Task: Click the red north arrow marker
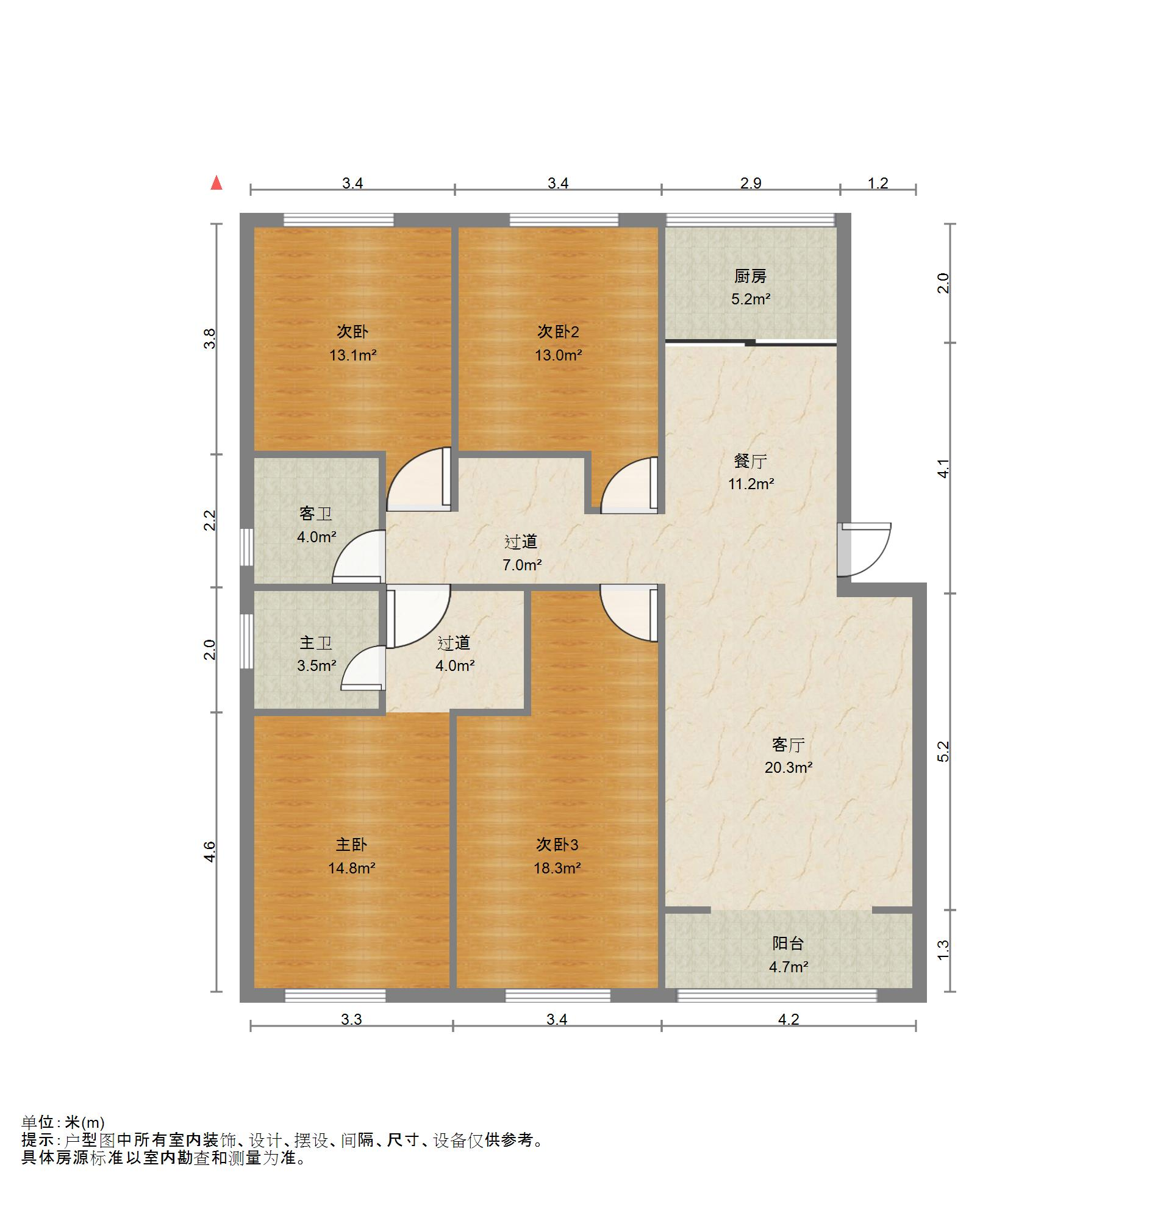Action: tap(216, 183)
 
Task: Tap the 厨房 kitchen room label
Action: tap(750, 276)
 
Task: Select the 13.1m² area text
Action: tap(352, 356)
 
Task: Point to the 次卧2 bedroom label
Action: tap(558, 332)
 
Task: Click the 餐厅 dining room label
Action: tap(750, 461)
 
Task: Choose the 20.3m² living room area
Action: tap(788, 768)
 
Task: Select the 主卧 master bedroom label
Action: tap(351, 845)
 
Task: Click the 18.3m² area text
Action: tap(557, 869)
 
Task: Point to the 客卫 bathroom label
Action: tap(315, 514)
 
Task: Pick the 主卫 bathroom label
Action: tap(315, 643)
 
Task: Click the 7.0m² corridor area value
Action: tap(522, 565)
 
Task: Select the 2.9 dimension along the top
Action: tap(751, 184)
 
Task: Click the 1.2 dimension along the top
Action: tap(878, 184)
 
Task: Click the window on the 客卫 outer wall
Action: tap(247, 546)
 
